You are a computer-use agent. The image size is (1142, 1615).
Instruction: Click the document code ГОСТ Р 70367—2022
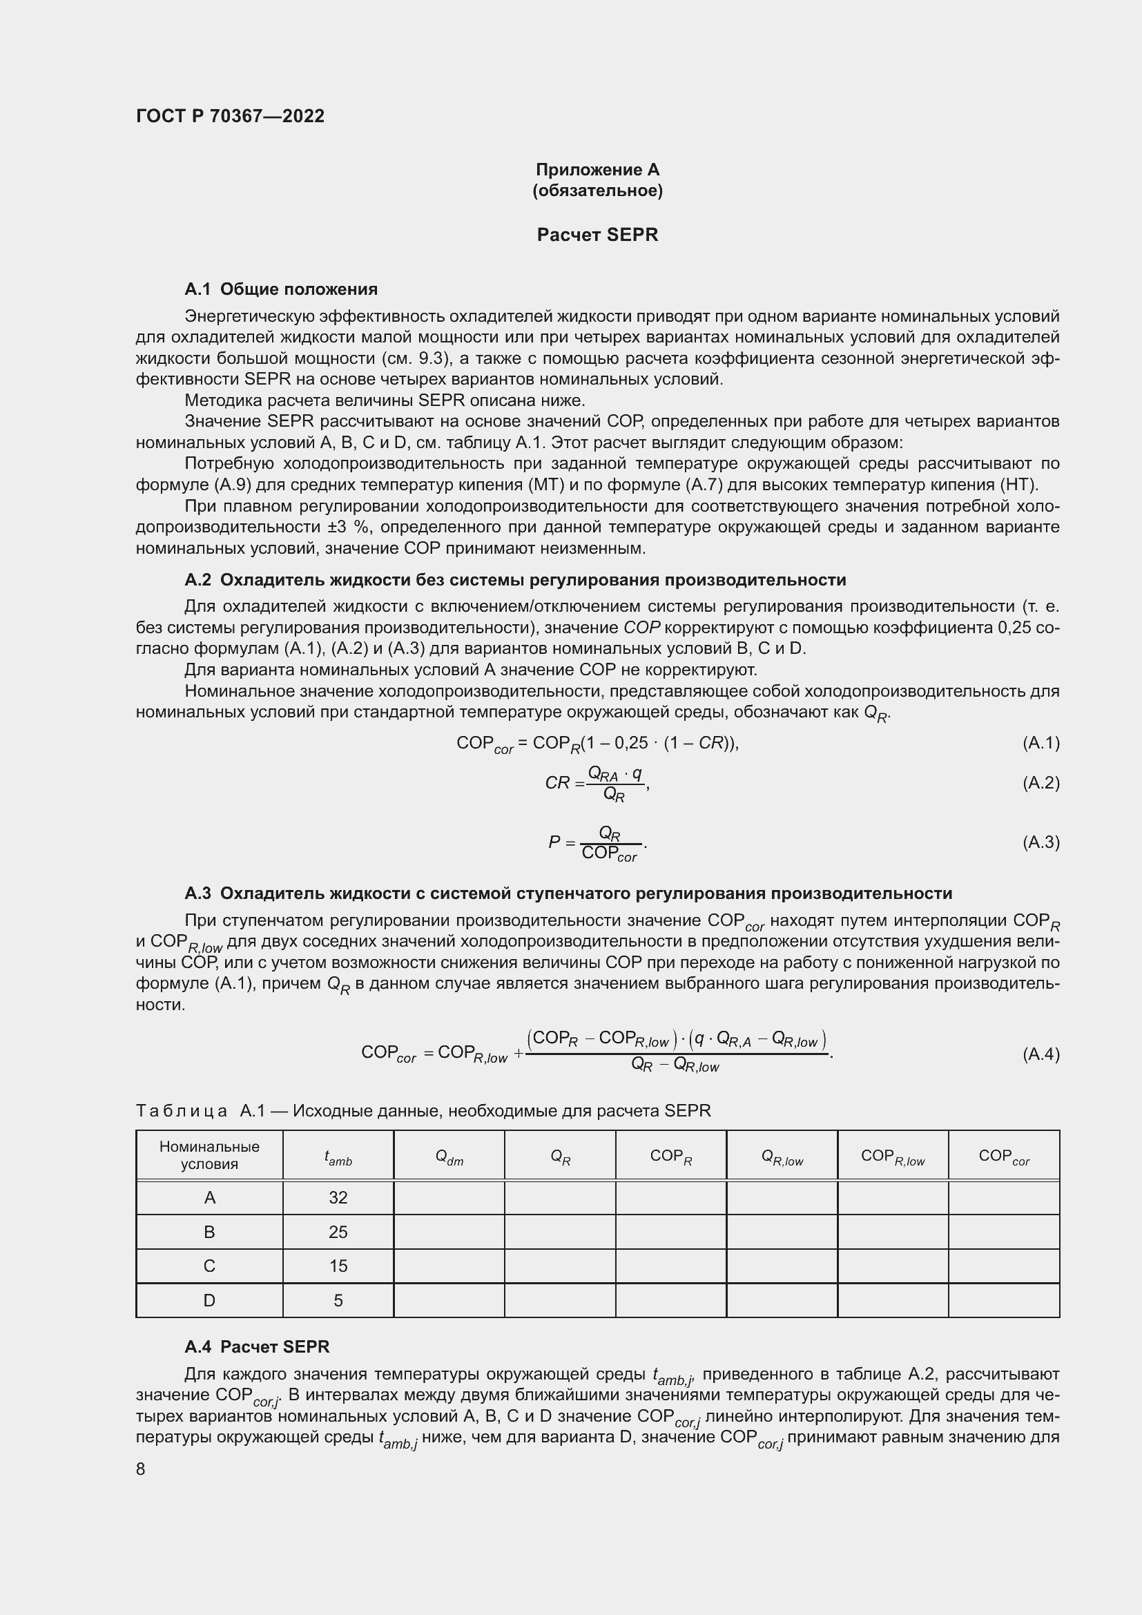coord(230,116)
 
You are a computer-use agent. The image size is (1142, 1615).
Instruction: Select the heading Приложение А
coord(597,170)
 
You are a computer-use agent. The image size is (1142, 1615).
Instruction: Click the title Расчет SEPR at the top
coord(597,235)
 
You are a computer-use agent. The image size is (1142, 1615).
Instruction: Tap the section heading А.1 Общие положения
coord(280,289)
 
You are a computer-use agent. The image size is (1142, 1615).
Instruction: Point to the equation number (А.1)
coord(1040,743)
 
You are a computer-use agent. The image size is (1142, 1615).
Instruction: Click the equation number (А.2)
coord(1040,783)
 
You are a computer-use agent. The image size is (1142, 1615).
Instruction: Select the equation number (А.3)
coord(1040,842)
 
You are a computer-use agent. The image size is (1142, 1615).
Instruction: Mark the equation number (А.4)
coord(1040,1054)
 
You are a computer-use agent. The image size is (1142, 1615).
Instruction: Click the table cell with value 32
coord(338,1197)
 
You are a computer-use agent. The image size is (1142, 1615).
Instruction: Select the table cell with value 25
coord(338,1232)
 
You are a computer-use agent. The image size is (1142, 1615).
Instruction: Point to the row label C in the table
coord(210,1266)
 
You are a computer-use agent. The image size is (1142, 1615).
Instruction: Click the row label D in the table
coord(210,1301)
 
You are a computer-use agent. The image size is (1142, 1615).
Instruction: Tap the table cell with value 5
coord(338,1301)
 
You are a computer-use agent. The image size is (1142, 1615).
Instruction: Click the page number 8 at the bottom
coord(141,1469)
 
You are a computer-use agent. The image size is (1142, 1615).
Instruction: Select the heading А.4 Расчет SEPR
coord(257,1346)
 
